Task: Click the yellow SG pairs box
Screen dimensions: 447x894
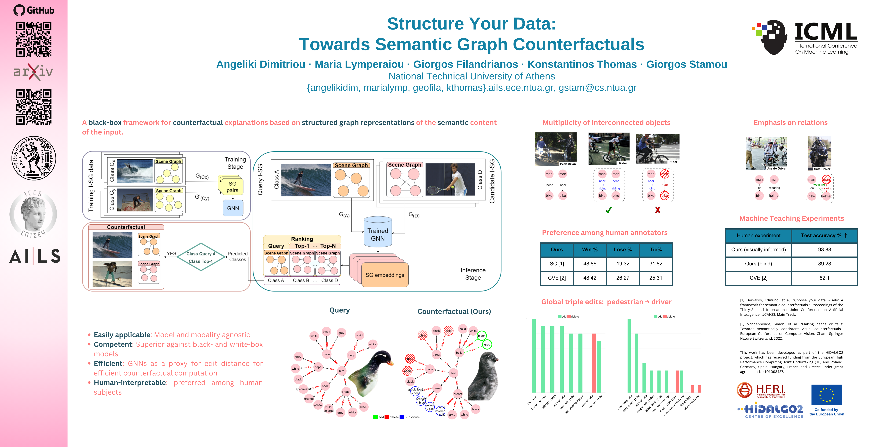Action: [x=232, y=187]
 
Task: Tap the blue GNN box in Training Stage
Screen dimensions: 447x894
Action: [x=233, y=208]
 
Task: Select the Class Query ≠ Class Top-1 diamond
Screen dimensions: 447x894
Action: [x=201, y=257]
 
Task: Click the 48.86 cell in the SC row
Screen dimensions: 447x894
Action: [x=590, y=264]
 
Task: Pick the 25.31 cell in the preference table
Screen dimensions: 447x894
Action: [x=656, y=278]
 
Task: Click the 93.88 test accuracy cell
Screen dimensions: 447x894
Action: [x=824, y=250]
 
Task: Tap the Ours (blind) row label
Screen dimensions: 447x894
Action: [x=758, y=264]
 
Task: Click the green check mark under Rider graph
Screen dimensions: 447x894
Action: [x=609, y=210]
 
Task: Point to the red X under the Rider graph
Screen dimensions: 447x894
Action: [x=657, y=210]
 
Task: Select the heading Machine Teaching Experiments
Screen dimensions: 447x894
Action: [x=791, y=218]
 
